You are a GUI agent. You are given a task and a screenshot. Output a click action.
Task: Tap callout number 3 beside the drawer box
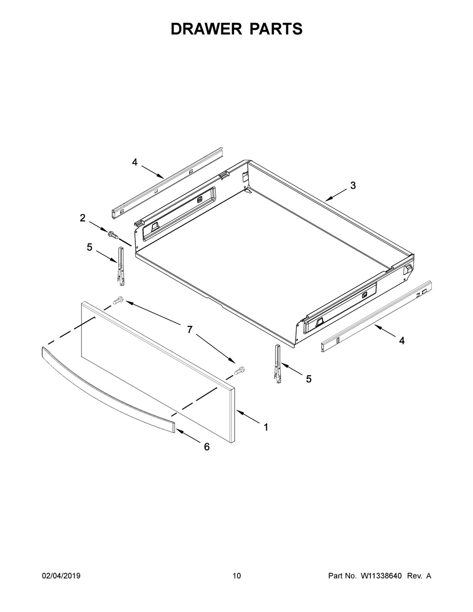[353, 186]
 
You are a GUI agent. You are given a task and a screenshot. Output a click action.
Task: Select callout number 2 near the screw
[83, 218]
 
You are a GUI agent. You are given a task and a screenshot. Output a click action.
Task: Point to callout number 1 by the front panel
[266, 427]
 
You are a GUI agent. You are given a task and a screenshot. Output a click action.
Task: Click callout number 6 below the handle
[207, 446]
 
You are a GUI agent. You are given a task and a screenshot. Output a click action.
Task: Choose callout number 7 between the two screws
[190, 330]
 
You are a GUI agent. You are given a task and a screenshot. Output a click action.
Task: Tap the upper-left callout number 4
[135, 162]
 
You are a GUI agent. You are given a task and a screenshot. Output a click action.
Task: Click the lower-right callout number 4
[402, 340]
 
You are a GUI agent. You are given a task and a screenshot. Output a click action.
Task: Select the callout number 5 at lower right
[308, 379]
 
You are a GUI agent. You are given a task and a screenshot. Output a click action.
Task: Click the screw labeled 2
[113, 234]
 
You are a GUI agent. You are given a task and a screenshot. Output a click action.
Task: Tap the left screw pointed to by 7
[118, 299]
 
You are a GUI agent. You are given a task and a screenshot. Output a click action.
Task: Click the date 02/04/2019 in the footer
[61, 576]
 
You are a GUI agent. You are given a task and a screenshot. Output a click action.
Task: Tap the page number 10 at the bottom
[236, 576]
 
